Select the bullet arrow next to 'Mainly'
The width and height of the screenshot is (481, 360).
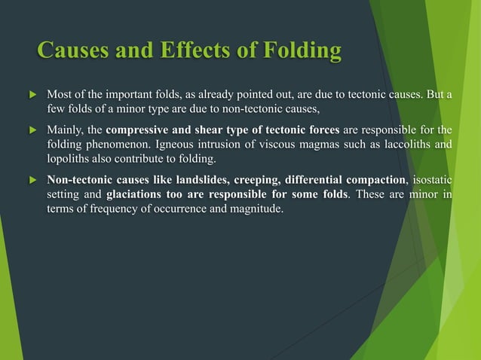31,130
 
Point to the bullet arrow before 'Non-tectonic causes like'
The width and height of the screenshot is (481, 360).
31,181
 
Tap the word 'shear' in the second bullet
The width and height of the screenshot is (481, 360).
209,129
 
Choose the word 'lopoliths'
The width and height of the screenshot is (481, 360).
69,158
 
